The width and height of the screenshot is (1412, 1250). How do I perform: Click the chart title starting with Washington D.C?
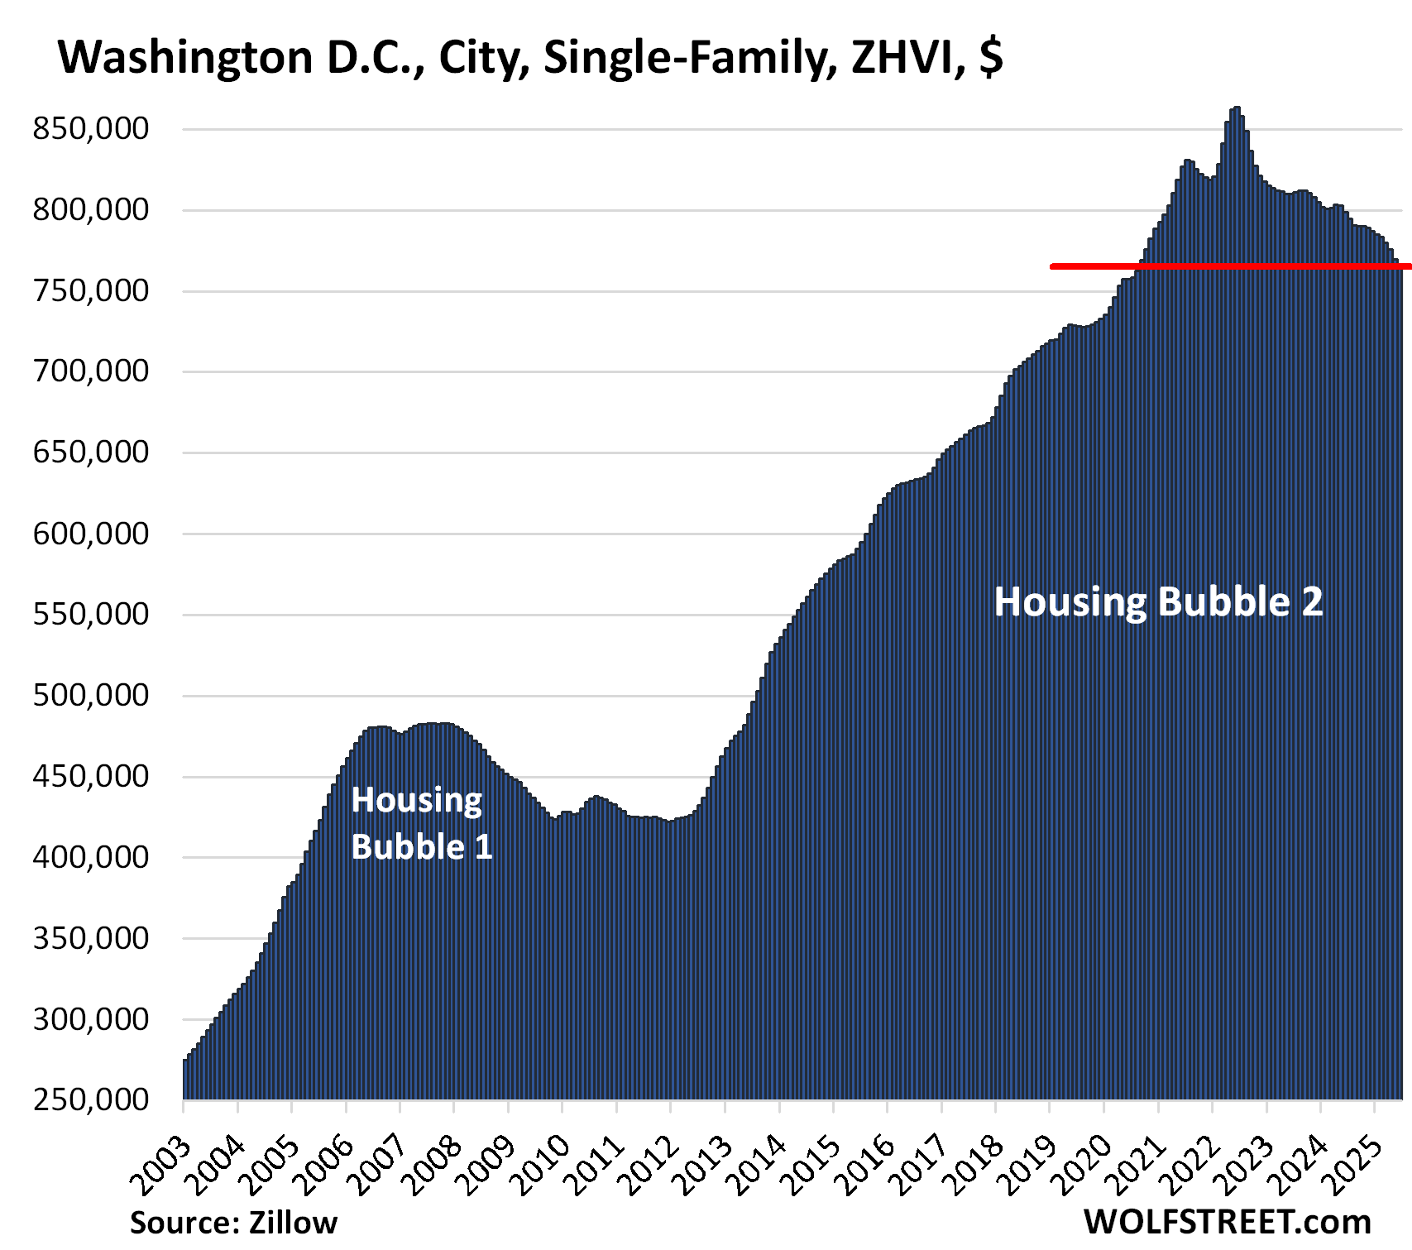[529, 58]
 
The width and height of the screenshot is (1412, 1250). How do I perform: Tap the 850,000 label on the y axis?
[91, 129]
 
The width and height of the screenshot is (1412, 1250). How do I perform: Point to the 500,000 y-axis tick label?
[91, 696]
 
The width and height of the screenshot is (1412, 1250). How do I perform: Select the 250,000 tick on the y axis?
[91, 1099]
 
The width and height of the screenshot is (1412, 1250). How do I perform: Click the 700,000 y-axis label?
[91, 371]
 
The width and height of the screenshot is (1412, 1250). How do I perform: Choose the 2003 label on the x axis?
[164, 1166]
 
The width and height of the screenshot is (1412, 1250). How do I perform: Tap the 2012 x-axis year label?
[651, 1166]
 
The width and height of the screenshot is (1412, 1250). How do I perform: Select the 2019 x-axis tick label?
[1030, 1166]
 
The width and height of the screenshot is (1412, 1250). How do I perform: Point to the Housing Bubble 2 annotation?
[1158, 601]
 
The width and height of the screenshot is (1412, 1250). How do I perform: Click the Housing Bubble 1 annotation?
[421, 823]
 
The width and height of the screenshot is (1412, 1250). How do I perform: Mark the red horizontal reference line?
[1224, 266]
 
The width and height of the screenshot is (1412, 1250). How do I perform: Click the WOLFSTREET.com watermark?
[1227, 1222]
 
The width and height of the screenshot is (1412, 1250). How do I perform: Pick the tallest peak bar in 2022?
[1237, 112]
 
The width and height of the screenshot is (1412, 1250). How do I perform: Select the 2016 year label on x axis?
[868, 1166]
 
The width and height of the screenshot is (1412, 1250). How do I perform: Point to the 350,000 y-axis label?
[91, 938]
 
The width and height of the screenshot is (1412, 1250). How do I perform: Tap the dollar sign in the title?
[991, 58]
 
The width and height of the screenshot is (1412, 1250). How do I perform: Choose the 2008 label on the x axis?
[434, 1166]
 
